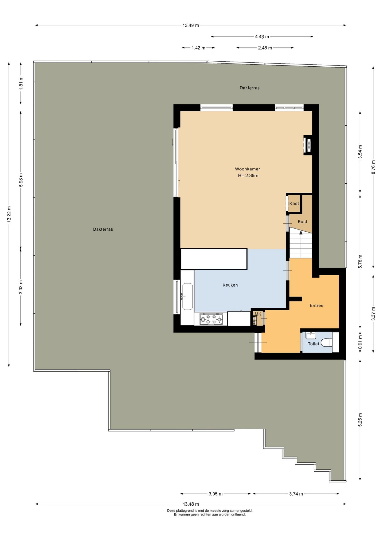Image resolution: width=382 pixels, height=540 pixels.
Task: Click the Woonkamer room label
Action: [x=247, y=169]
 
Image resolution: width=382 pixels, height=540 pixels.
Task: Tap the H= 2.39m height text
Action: [x=248, y=175]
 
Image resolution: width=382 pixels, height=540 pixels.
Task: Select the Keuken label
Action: [x=230, y=285]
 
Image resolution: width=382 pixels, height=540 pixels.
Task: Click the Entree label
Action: [x=316, y=305]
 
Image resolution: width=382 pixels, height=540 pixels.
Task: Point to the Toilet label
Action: [x=313, y=344]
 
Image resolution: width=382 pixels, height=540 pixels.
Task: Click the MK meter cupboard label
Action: [x=258, y=314]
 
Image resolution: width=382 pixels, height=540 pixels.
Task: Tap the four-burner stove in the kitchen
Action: [x=211, y=319]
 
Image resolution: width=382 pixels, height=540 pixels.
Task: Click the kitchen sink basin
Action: [x=187, y=296]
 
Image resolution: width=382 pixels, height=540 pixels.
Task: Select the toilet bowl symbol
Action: [x=326, y=343]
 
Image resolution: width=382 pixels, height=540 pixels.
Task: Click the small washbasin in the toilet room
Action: [x=311, y=335]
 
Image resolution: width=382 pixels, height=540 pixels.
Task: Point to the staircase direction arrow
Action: [x=301, y=232]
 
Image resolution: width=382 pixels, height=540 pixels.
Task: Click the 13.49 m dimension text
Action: [x=191, y=25]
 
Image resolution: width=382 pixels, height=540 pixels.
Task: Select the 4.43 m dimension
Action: [x=262, y=37]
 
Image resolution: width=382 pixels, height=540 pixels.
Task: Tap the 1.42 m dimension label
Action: [x=198, y=48]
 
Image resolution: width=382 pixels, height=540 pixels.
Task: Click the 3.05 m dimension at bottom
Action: [x=215, y=494]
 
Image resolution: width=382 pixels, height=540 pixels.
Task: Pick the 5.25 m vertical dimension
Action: [x=360, y=420]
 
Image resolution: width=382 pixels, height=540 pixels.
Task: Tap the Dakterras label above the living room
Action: [x=250, y=88]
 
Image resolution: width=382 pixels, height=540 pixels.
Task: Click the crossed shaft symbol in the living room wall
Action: [x=308, y=145]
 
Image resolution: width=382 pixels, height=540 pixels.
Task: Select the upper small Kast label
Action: [x=294, y=203]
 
